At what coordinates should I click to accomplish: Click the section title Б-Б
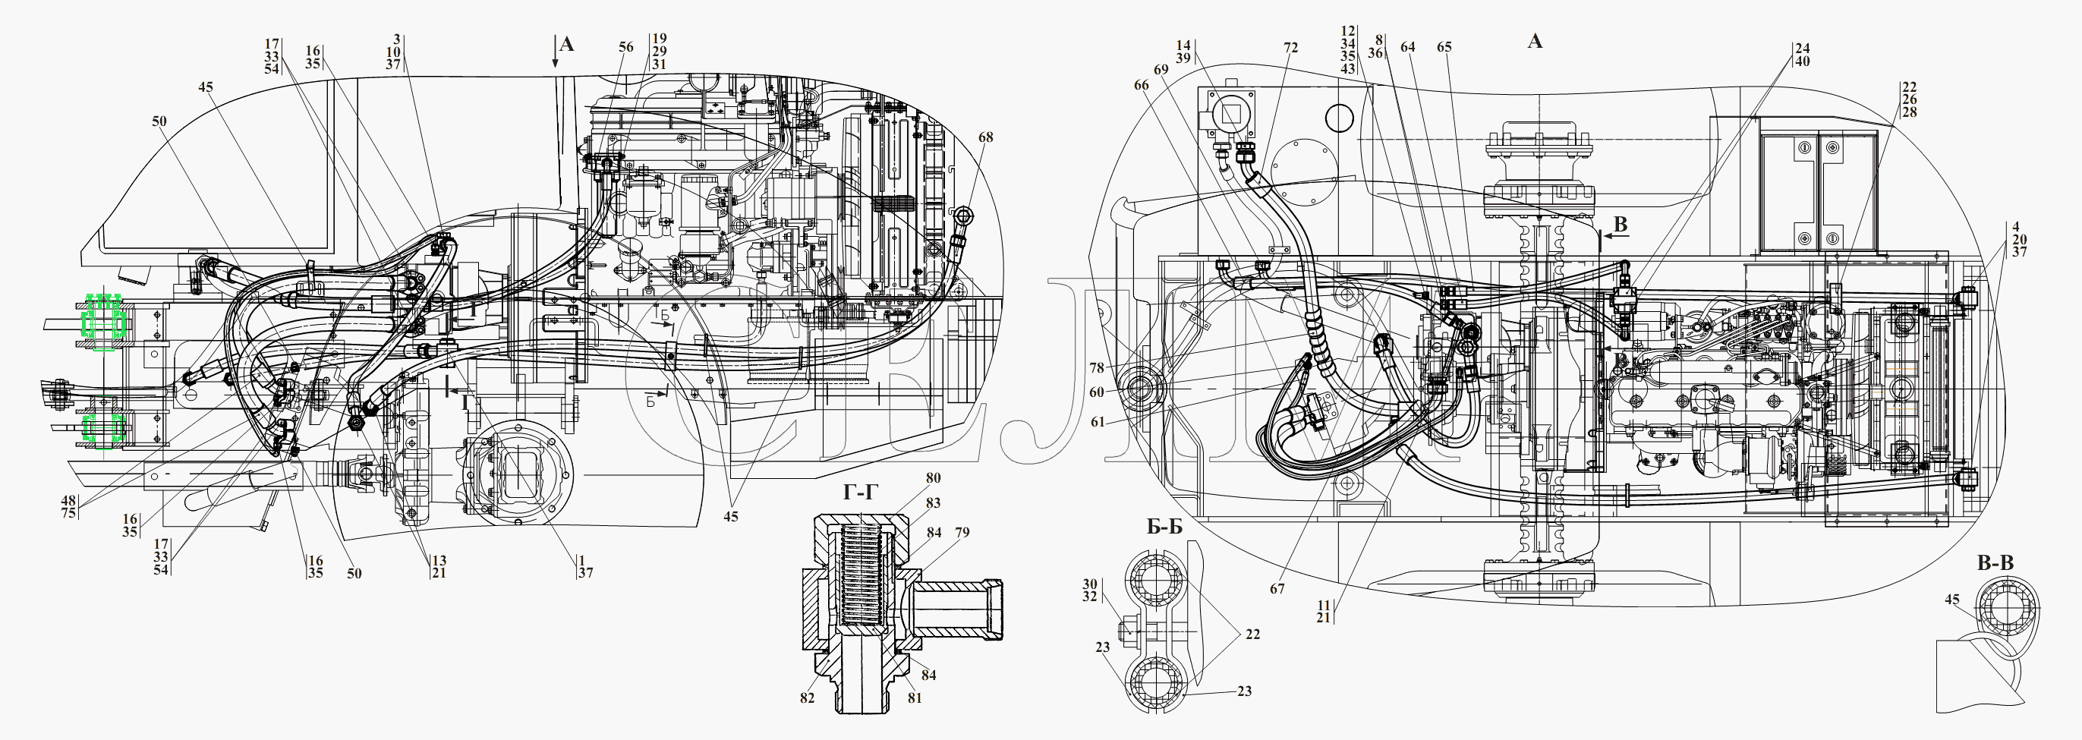(x=1164, y=527)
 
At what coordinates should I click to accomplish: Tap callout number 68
(x=985, y=137)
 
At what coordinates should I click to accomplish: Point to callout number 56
(x=626, y=48)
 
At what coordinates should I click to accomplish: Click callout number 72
(x=1291, y=48)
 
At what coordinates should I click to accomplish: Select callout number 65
(x=1444, y=47)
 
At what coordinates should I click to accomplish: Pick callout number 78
(x=1096, y=368)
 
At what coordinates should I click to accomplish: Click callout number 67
(x=1277, y=589)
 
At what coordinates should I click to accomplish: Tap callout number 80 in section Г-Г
(x=934, y=478)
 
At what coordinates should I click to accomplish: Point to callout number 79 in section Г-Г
(x=962, y=532)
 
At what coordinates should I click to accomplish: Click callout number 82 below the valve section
(x=808, y=698)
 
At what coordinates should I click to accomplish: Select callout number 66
(x=1142, y=85)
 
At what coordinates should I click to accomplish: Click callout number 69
(x=1161, y=71)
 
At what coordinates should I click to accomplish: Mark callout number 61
(x=1097, y=423)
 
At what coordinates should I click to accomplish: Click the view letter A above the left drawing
(x=566, y=43)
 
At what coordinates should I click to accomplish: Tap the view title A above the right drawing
(x=1534, y=40)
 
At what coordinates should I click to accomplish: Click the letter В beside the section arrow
(x=1620, y=225)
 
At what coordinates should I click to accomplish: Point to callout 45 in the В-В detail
(x=1952, y=600)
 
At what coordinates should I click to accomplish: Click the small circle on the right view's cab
(x=1582, y=118)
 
